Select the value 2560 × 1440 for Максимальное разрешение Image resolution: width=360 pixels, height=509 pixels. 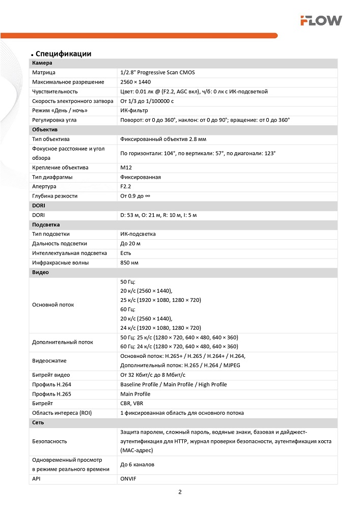coord(135,82)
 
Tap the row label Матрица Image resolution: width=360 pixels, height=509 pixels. coord(44,72)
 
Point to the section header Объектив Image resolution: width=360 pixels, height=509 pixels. coord(45,129)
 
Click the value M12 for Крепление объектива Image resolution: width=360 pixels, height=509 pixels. coord(126,167)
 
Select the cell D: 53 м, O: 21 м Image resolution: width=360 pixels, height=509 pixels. coord(158,215)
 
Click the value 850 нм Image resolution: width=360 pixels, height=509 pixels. coord(129,263)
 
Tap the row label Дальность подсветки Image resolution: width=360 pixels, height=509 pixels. coord(60,244)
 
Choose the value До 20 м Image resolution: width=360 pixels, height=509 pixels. coord(130,244)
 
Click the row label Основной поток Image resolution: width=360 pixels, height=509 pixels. coord(53,305)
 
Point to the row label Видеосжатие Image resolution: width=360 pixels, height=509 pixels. coord(49,361)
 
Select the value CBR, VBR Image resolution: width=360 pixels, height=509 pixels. coord(131,403)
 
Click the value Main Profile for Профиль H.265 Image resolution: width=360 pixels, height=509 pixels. coord(135,394)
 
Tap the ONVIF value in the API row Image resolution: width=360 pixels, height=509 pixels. coord(128,479)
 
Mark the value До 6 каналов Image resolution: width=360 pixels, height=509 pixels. coord(137,465)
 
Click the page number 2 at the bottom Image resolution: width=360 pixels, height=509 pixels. coord(180,492)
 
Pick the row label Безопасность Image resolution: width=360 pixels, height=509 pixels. coord(49,441)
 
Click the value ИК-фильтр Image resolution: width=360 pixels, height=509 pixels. coord(134,110)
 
